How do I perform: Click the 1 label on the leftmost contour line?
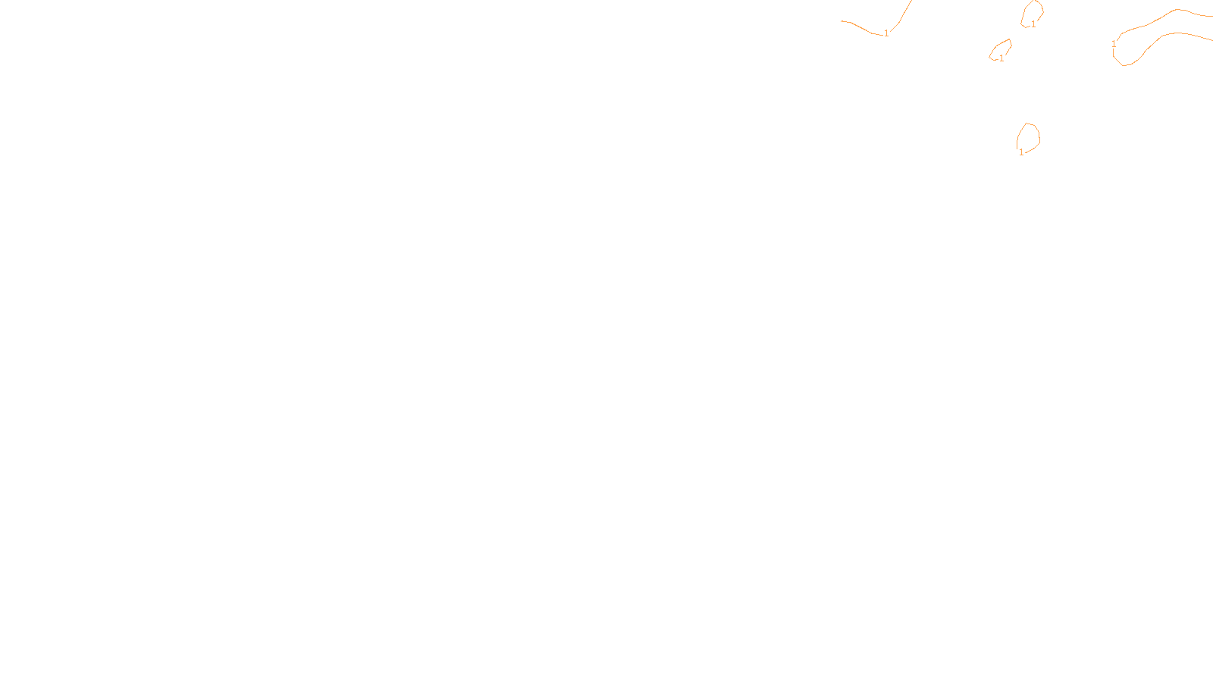[886, 33]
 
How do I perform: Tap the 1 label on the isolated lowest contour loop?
[1021, 152]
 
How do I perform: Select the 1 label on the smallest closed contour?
[1001, 58]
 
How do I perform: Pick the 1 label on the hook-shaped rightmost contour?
[1114, 44]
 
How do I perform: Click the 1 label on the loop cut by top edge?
[1033, 24]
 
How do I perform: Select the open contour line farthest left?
[860, 27]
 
